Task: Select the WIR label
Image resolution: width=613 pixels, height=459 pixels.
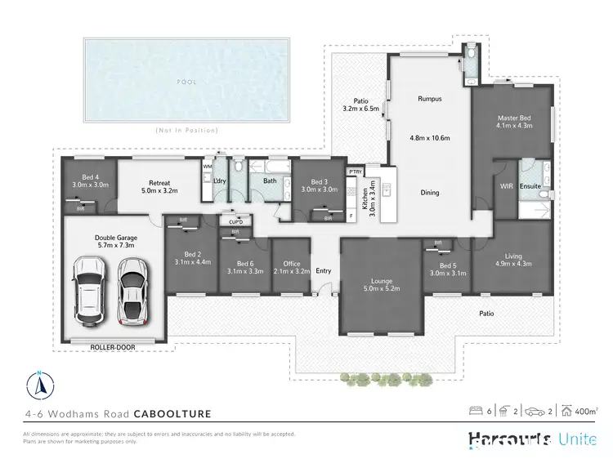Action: (506, 186)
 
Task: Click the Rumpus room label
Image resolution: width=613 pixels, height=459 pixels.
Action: (430, 99)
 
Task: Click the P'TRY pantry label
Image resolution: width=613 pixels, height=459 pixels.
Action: (355, 172)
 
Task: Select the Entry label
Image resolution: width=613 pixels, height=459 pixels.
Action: (324, 272)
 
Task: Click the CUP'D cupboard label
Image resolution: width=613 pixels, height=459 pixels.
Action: (235, 221)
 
